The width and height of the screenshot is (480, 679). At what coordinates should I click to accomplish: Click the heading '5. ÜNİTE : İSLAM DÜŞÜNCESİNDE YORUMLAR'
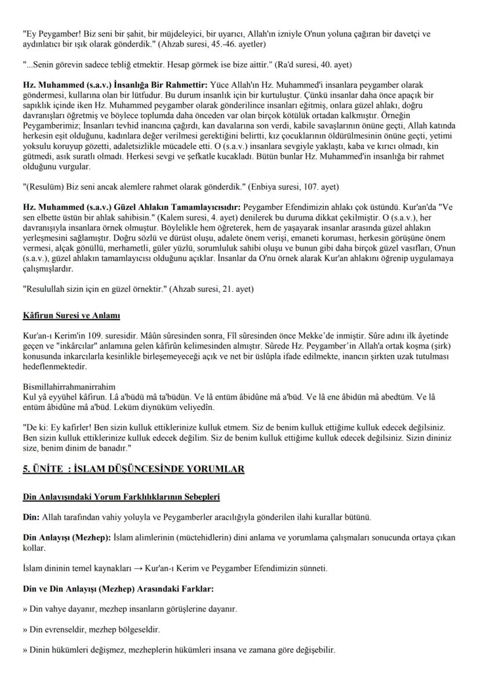[x=133, y=469]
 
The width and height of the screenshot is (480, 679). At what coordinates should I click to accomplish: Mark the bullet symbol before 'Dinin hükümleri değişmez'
[x=25, y=649]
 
